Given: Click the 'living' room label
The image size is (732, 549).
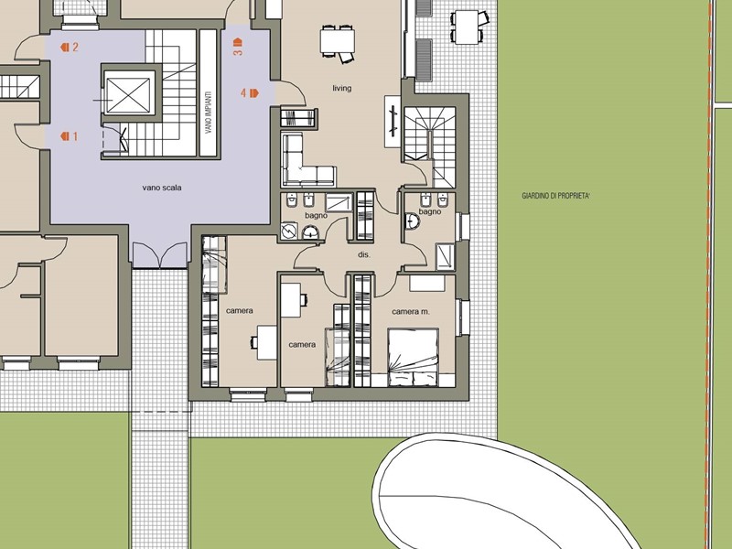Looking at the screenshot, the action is click(x=341, y=88).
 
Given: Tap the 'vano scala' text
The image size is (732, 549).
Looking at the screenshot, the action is click(x=162, y=188).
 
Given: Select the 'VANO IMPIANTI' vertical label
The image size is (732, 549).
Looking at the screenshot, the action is click(x=209, y=112).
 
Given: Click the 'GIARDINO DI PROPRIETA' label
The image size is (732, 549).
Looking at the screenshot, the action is click(x=555, y=196).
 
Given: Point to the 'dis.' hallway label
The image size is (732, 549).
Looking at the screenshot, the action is click(x=363, y=254).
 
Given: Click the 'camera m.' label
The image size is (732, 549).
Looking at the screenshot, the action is click(x=411, y=311).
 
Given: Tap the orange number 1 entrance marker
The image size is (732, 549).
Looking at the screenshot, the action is click(x=70, y=136).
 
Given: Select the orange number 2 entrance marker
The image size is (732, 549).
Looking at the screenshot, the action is click(x=70, y=47).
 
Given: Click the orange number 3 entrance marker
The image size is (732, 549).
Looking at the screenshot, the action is click(x=238, y=48).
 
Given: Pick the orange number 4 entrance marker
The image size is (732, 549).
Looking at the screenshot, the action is click(x=249, y=93).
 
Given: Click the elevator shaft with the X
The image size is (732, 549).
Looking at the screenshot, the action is click(x=128, y=95).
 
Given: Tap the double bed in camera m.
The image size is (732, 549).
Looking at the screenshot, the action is click(x=414, y=358).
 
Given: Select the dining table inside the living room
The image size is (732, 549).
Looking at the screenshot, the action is click(x=337, y=41).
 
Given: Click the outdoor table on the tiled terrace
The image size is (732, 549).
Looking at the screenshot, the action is click(x=467, y=27).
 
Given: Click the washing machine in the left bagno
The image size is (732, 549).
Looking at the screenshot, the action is click(x=289, y=231).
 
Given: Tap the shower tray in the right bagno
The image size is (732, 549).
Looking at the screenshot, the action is click(x=446, y=257).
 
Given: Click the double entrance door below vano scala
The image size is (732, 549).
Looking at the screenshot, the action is click(x=159, y=255).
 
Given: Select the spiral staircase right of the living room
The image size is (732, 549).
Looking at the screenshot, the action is click(x=429, y=146).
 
